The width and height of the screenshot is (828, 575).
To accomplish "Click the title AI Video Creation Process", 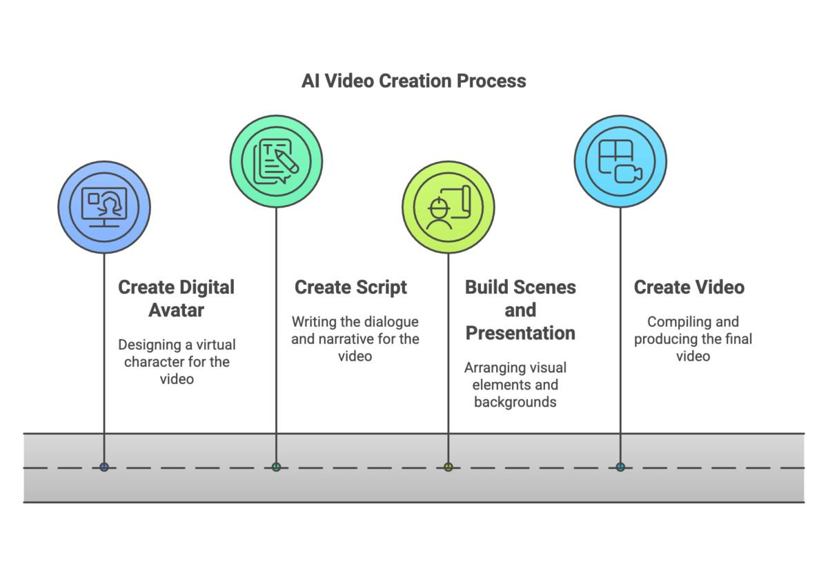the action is click(x=413, y=81).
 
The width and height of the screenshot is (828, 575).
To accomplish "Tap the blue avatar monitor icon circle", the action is click(x=104, y=207).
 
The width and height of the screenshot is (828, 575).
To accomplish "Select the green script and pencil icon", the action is click(x=276, y=161).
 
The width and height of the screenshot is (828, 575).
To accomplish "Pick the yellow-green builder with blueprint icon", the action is click(x=448, y=207).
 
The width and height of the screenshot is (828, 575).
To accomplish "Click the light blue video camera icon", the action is click(x=620, y=161).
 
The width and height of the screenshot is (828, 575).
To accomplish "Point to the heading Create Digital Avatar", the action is click(x=176, y=299).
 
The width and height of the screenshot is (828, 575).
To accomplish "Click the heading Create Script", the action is click(x=351, y=287).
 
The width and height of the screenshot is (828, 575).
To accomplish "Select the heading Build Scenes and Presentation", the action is click(x=520, y=310).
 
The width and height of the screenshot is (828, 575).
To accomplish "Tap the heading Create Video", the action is click(x=689, y=287).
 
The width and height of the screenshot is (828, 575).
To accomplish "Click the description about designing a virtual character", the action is click(x=177, y=361).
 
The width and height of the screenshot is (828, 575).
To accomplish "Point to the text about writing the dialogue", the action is click(x=355, y=339).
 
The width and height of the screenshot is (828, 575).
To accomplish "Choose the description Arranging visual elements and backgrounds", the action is click(x=515, y=385).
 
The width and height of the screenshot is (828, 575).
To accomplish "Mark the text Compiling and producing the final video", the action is click(x=693, y=339).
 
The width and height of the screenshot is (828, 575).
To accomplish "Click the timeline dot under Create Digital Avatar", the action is click(x=104, y=467).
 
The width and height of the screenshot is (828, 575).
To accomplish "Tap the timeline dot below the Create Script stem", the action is click(x=276, y=467).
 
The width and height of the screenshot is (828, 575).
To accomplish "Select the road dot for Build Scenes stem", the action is click(x=448, y=467).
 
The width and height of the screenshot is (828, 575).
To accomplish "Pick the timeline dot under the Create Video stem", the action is click(x=620, y=467).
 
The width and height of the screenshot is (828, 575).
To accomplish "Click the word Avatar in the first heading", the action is click(x=176, y=310).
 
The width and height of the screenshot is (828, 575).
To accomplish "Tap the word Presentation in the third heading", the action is click(x=520, y=333).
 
